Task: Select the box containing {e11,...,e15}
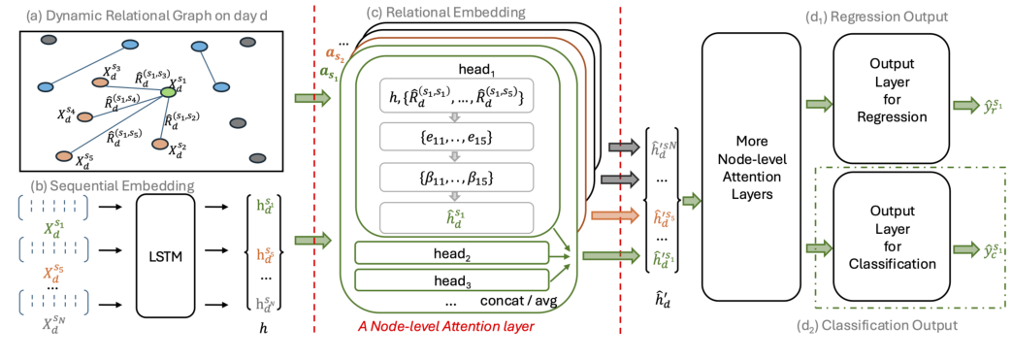tap(455, 139)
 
